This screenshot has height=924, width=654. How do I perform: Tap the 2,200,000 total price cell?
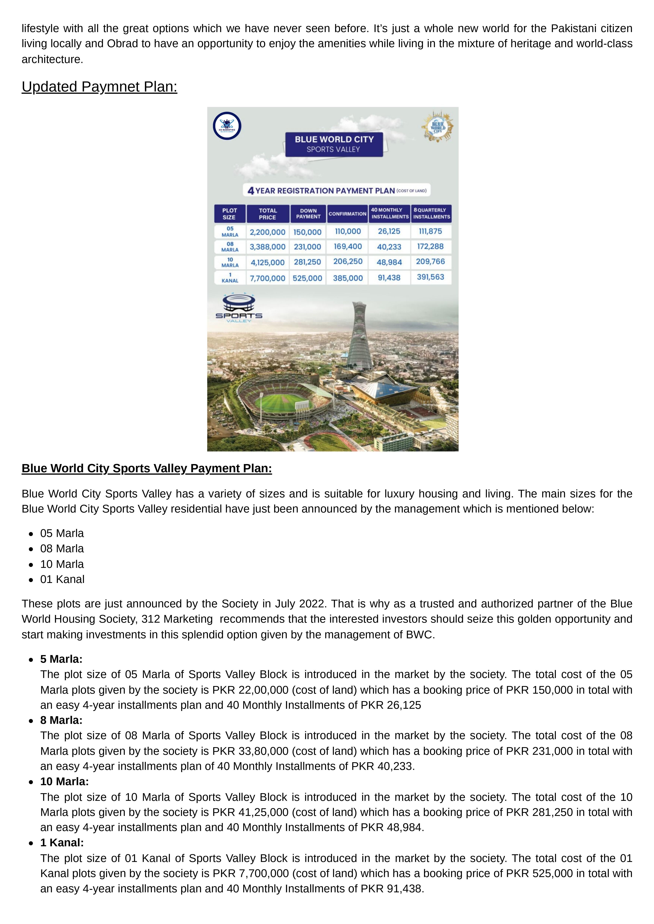267,232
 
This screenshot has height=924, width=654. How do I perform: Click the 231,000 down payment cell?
307,247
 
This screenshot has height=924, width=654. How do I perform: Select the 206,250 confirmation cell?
348,262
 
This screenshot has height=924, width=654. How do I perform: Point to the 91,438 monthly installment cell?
389,278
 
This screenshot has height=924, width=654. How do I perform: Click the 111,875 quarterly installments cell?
431,231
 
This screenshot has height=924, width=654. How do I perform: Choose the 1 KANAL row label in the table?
230,278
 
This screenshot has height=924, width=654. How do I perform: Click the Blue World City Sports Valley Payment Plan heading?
146,468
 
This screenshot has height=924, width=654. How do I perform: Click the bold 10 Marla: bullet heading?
64,781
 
